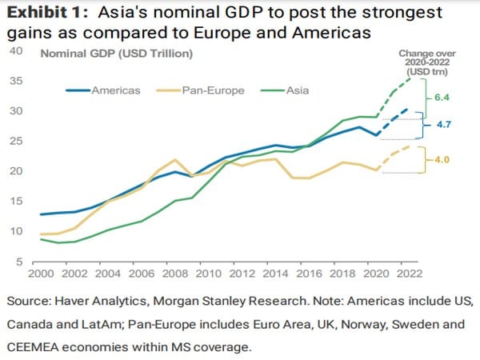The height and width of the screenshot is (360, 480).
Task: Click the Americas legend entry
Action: [x=112, y=90]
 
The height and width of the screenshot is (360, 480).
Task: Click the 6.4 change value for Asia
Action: [x=443, y=97]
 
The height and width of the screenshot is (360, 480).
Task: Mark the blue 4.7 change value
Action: [x=443, y=126]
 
